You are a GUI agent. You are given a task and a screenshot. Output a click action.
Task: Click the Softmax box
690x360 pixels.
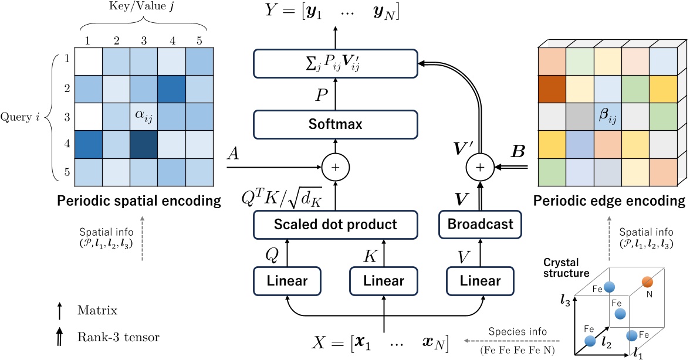coord(336,124)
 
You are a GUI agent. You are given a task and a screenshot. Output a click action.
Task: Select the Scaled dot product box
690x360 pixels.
coord(336,224)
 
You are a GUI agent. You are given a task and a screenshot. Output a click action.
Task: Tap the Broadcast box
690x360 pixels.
coord(480,224)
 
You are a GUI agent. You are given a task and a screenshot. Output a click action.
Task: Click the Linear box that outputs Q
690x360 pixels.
coord(287,281)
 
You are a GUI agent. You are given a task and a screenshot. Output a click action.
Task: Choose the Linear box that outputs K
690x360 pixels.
coord(384,281)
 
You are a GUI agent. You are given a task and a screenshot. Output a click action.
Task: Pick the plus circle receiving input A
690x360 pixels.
coord(336,167)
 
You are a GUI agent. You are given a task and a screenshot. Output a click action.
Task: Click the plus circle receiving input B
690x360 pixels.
coord(480,167)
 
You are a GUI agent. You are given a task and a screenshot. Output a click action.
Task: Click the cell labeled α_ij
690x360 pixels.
coord(144,116)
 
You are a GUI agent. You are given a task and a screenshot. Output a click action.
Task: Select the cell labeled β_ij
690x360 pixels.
coord(608,116)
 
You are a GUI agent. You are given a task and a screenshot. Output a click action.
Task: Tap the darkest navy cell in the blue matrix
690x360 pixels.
coord(144,144)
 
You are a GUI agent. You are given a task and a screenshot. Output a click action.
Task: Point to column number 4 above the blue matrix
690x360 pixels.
coord(172,41)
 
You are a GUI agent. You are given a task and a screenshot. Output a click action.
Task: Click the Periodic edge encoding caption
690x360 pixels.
coord(609,201)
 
